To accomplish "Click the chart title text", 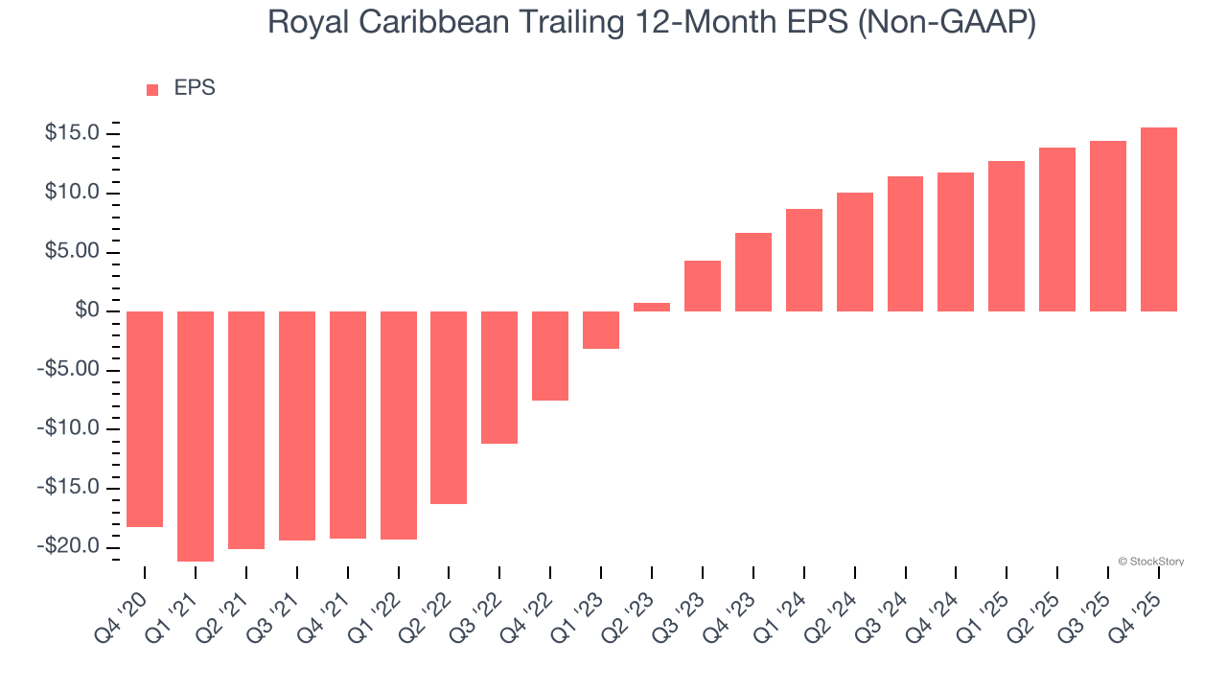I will pos(652,22).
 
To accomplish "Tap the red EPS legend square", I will pos(152,89).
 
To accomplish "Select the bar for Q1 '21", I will pos(196,436).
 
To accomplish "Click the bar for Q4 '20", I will pos(145,419).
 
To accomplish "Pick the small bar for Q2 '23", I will pos(652,307).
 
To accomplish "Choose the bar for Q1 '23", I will pos(601,330).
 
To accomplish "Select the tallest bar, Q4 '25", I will pos(1159,219).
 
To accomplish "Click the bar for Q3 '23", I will pos(703,286).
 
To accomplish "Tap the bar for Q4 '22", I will pos(550,356).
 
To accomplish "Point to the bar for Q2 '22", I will pos(449,407).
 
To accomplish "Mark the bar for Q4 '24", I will pos(956,241).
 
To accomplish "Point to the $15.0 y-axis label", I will pos(73,133).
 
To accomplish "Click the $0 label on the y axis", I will pos(89,310).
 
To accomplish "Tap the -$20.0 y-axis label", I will pos(70,546).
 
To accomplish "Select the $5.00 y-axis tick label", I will pos(73,252).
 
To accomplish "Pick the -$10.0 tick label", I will pos(70,428).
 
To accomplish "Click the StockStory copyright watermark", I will pos(1150,562).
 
